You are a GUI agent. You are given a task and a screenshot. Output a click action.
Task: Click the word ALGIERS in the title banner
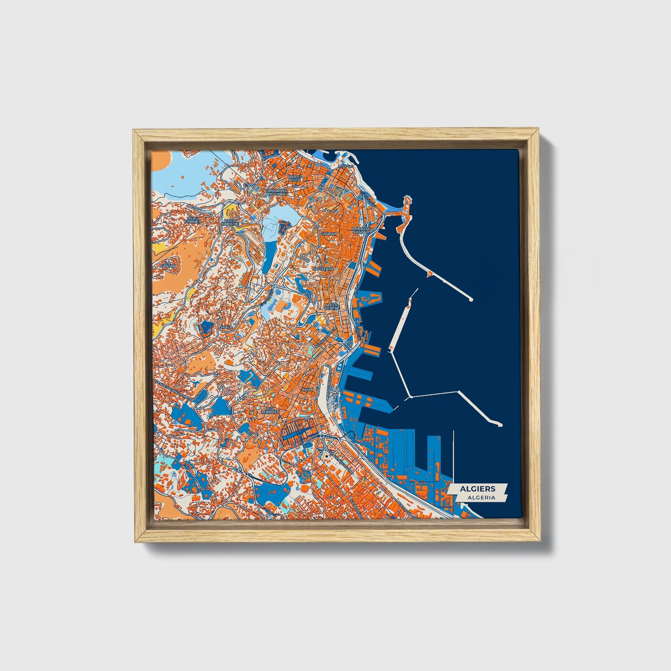click(477, 489)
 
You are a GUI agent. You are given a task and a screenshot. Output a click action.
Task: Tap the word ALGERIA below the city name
click(481, 497)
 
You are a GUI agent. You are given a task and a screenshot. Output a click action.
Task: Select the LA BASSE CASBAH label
click(361, 230)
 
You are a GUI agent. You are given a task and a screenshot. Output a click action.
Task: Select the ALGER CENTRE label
click(332, 306)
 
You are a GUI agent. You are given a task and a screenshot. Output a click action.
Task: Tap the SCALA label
click(227, 327)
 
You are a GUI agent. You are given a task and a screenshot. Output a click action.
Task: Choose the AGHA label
click(307, 390)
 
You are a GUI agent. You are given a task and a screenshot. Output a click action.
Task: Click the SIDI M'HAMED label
click(270, 410)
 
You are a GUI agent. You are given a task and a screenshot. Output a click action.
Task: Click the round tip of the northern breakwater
click(471, 300)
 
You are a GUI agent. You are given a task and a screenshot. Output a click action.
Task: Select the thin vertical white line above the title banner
click(453, 455)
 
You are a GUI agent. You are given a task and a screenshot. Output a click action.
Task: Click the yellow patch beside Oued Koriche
click(229, 213)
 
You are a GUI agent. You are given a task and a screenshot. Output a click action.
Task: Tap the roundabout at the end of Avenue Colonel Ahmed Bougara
click(320, 436)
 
